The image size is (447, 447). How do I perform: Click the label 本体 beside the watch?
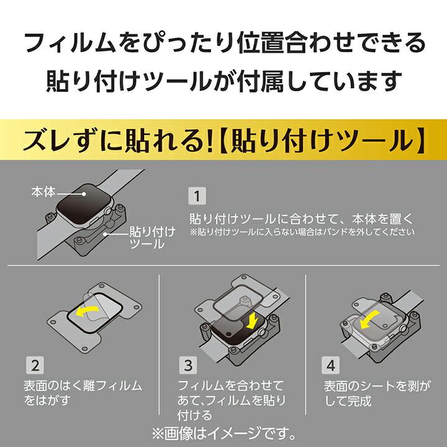tap(43, 192)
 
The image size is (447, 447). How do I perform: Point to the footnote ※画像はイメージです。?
tap(223, 430)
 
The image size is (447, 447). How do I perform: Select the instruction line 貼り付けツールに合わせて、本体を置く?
tap(301, 219)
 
